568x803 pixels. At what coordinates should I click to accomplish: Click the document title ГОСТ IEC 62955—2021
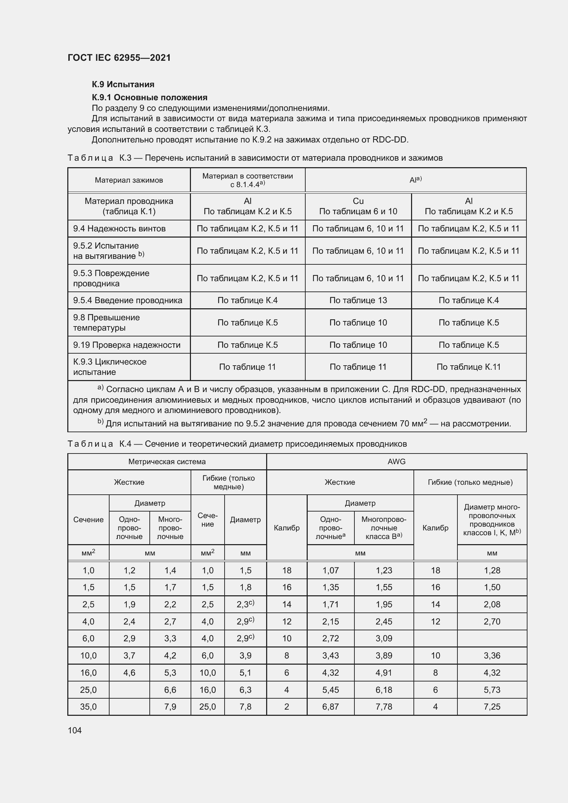119,58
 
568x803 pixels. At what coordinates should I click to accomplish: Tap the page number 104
75,730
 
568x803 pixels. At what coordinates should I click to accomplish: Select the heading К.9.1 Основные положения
149,97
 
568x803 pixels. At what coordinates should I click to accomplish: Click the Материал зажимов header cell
129,180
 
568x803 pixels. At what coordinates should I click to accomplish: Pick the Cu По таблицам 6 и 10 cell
358,206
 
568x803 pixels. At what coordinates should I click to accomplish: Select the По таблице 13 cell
358,300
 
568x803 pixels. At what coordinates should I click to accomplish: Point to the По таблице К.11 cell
468,367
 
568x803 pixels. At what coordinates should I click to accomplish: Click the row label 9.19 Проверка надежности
127,345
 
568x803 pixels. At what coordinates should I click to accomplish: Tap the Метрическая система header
167,462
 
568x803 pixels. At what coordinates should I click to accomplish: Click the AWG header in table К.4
396,462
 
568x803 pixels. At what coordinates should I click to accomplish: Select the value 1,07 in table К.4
330,571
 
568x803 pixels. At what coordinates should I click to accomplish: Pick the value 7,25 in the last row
492,707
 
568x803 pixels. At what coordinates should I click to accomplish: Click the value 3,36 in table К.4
492,655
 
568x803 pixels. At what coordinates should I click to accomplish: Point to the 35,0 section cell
88,707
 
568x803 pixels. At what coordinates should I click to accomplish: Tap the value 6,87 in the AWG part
330,707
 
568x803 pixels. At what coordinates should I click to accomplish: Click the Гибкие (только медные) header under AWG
470,482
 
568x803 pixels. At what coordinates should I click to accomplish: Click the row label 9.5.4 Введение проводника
128,300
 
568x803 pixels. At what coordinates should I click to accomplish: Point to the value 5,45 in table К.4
330,690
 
